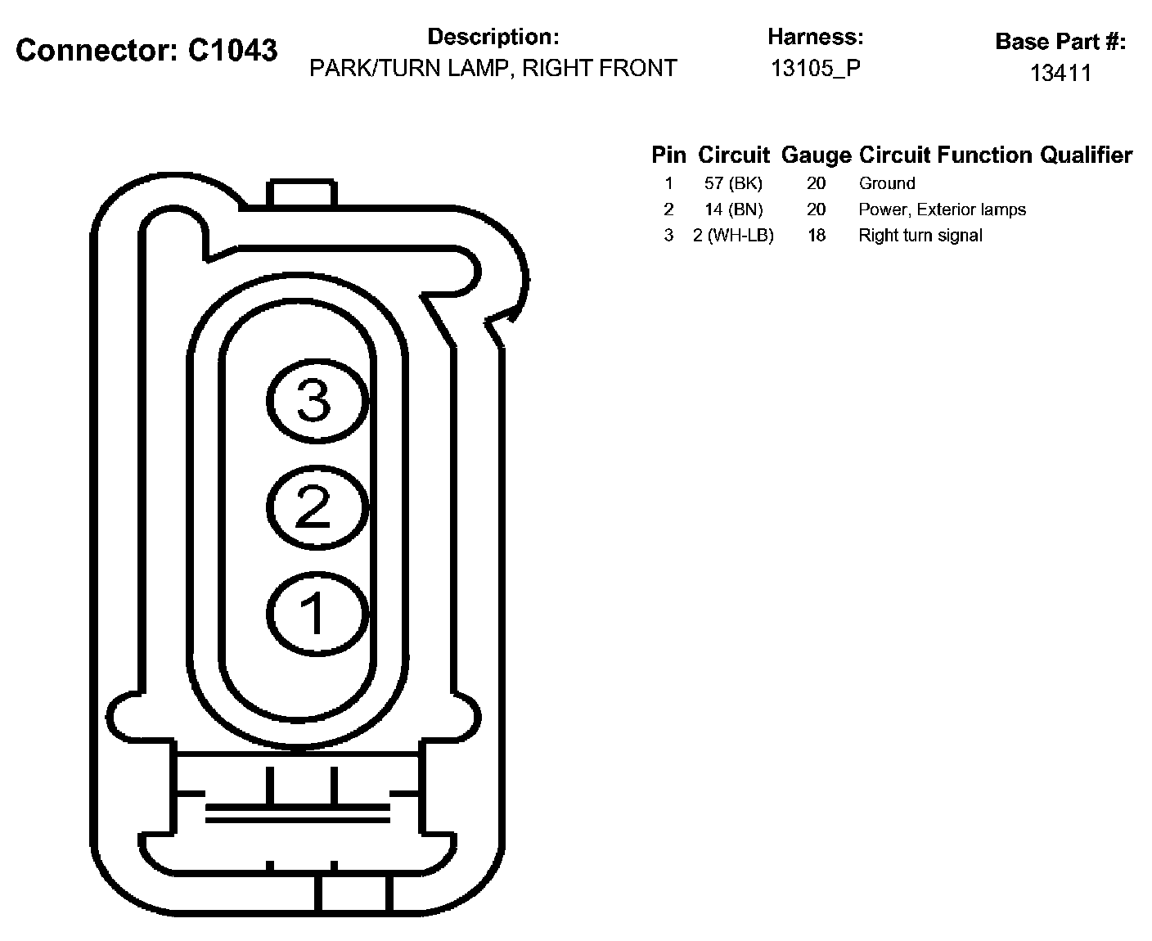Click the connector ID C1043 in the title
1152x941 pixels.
tap(232, 50)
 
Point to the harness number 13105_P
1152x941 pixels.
tap(815, 68)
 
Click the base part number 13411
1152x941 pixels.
tap(1060, 73)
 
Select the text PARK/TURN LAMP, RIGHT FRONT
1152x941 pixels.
tap(493, 68)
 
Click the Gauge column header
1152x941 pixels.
tap(816, 155)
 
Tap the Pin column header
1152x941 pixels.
tap(668, 155)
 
